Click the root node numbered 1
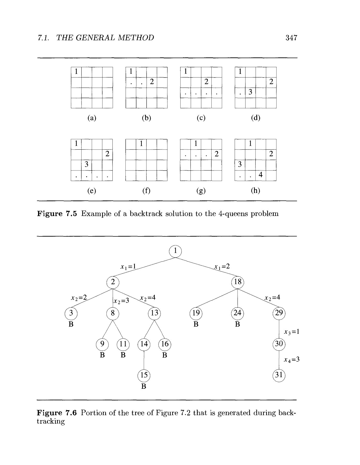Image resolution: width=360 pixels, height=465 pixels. (175, 251)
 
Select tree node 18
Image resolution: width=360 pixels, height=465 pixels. (238, 282)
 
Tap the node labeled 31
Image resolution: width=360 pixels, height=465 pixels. (279, 375)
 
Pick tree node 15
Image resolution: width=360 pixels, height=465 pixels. (144, 375)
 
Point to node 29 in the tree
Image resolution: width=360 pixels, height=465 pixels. (279, 313)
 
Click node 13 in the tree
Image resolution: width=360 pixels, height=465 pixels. (154, 313)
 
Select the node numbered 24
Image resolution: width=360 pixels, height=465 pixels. (237, 313)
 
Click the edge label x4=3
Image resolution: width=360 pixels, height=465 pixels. (292, 360)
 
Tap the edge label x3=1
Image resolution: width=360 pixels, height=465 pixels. (292, 332)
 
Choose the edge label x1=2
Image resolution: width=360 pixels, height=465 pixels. (222, 267)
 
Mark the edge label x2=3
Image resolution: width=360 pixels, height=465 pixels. (121, 301)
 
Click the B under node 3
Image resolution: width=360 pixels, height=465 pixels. (71, 324)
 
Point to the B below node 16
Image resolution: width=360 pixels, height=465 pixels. (165, 355)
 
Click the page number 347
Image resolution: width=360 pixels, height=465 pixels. (291, 38)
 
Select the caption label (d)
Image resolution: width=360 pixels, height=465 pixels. (256, 118)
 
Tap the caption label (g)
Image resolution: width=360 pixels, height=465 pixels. (201, 191)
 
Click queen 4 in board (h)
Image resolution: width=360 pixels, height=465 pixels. (261, 175)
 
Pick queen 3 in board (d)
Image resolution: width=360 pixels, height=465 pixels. (250, 92)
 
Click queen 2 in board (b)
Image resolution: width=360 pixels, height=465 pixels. (152, 82)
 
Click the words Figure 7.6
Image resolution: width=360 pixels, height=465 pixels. (57, 413)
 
